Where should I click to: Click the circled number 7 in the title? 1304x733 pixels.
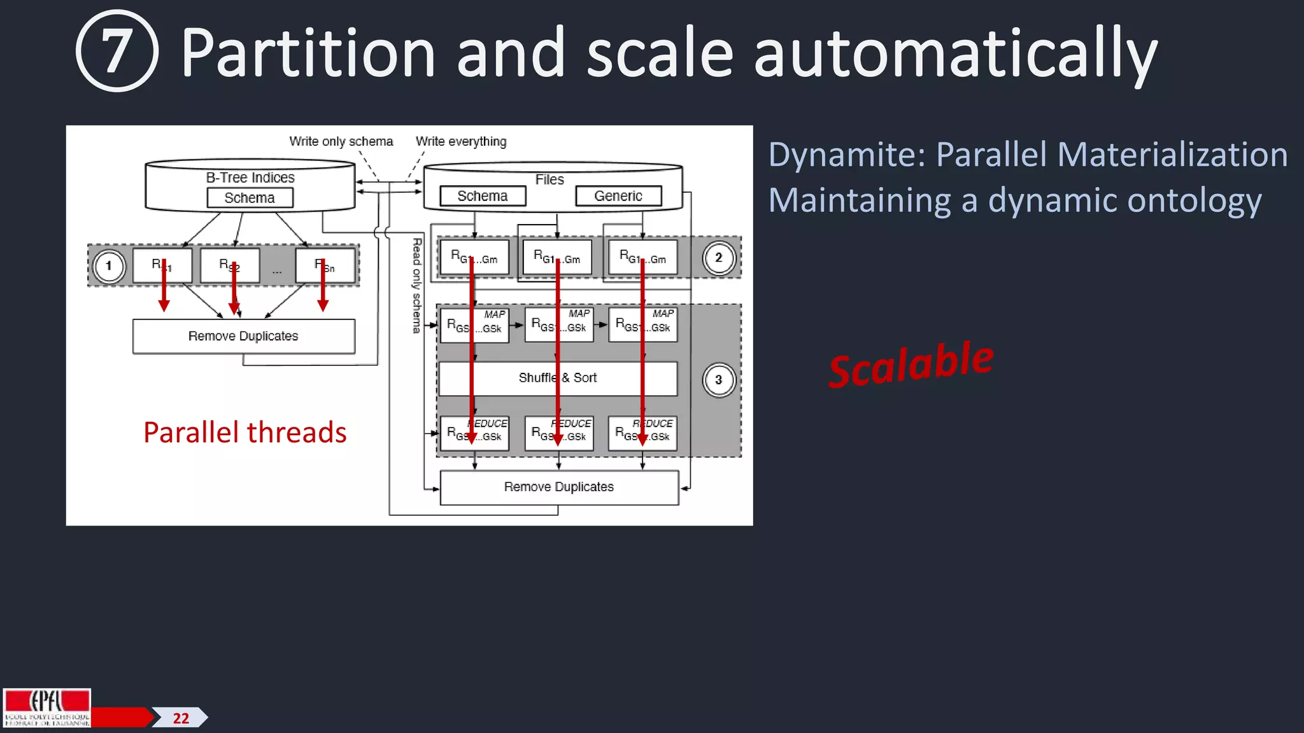tap(117, 51)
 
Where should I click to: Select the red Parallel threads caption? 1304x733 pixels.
tap(244, 433)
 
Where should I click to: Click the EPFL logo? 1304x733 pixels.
tap(47, 707)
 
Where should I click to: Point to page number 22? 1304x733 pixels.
tap(181, 718)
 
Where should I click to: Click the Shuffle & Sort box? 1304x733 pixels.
tap(558, 379)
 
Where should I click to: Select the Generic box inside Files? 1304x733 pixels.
tap(618, 196)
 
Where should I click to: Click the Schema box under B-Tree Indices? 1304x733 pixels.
tap(250, 198)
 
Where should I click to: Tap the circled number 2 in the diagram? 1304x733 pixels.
tap(719, 258)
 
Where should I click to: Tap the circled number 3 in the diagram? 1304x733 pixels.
tap(719, 380)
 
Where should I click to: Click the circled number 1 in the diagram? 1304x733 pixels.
tap(109, 266)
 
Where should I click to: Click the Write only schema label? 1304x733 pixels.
tap(341, 141)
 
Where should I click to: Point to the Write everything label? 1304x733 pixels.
tap(461, 141)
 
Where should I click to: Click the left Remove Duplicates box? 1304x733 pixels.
tap(243, 336)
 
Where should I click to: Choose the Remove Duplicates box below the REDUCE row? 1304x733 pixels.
tap(559, 487)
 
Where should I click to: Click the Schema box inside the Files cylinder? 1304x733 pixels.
tap(483, 196)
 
